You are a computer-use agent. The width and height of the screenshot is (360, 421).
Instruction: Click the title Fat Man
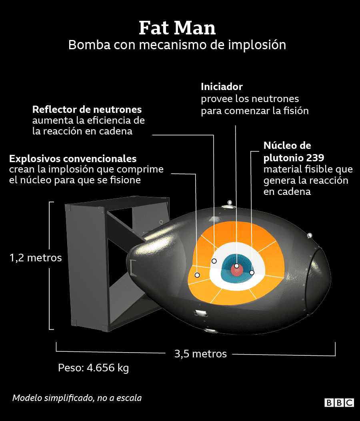tap(177, 28)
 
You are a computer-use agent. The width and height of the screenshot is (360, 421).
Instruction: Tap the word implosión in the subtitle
tap(257, 45)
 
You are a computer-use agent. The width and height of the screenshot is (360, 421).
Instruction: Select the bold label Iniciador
tap(222, 87)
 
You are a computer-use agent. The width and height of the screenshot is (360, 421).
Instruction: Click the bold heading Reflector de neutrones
tap(87, 110)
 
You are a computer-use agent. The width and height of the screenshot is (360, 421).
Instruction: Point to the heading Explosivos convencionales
tap(73, 159)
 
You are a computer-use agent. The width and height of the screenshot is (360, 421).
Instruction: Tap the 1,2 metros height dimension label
tap(36, 258)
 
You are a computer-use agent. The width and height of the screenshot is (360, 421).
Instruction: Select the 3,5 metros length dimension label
tap(200, 354)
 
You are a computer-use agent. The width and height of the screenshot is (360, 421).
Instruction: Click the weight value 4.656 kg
tap(108, 368)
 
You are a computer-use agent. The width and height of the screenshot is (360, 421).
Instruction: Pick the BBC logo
tap(339, 403)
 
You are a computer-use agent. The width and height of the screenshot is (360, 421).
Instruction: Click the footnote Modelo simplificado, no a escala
tap(77, 398)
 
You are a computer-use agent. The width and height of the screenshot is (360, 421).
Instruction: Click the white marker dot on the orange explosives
tap(197, 275)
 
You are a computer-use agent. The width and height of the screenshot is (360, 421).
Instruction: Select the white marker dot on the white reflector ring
tap(214, 261)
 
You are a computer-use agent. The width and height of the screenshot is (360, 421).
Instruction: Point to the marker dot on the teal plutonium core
tap(252, 273)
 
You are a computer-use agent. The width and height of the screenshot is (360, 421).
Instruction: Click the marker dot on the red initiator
tap(236, 266)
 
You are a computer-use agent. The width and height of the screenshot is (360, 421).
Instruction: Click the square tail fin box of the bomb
tap(117, 263)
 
